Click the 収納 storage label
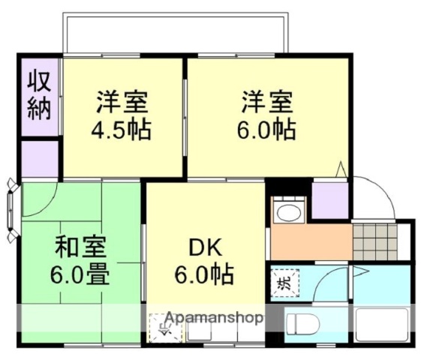(x=39, y=95)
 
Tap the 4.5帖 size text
(x=122, y=130)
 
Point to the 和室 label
(x=80, y=247)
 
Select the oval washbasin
(x=287, y=212)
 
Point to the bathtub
(x=380, y=324)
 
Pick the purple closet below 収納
(x=39, y=158)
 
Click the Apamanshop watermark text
(x=214, y=317)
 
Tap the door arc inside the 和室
(x=41, y=196)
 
